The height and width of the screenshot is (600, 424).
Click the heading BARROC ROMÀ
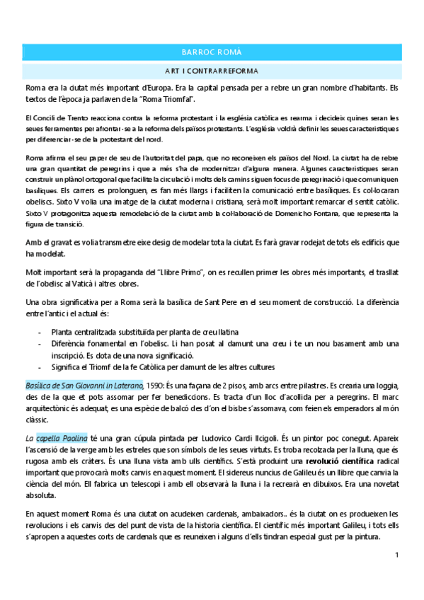coord(212,52)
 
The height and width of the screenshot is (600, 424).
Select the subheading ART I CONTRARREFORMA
coord(212,71)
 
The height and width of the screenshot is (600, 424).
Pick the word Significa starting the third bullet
coord(67,367)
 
